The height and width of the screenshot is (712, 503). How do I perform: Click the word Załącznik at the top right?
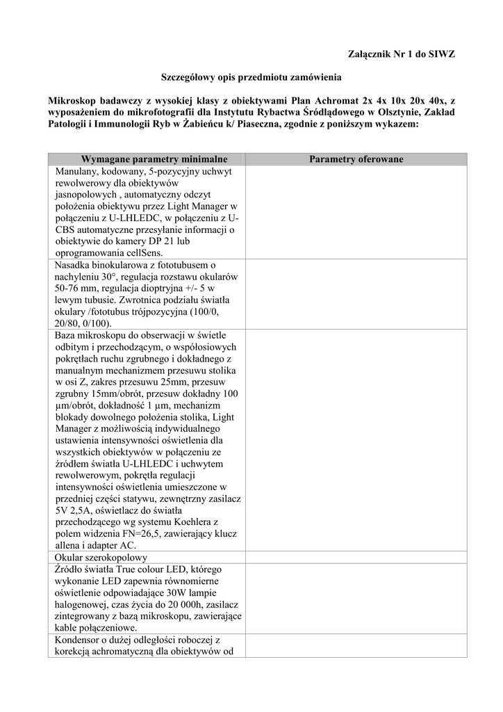371,54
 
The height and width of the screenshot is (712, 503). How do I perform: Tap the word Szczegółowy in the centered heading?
189,77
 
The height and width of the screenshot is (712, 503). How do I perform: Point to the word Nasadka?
72,265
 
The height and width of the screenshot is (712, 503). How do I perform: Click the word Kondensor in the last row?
78,640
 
